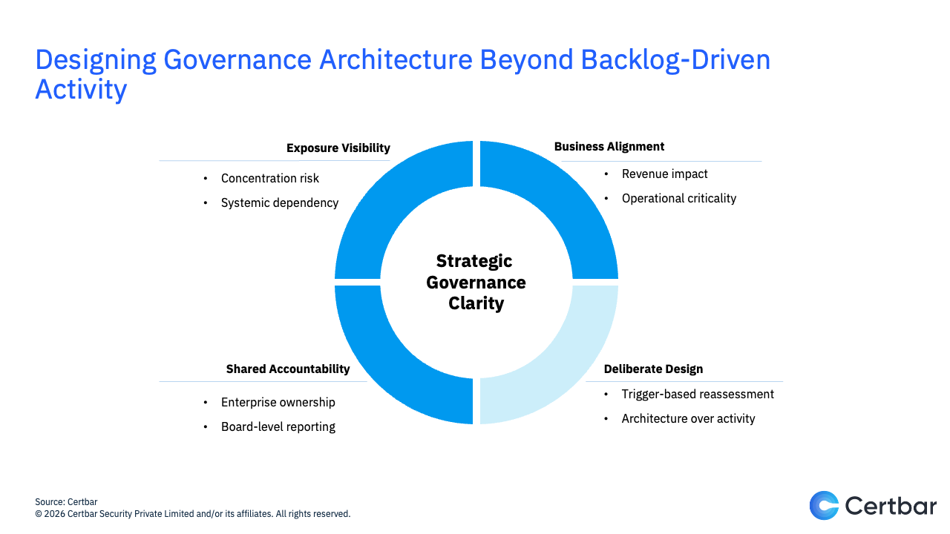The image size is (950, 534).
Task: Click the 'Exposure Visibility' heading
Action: click(x=338, y=148)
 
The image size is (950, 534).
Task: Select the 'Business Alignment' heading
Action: click(x=609, y=147)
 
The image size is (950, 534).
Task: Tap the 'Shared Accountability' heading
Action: click(x=288, y=369)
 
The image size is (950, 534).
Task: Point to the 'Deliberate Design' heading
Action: click(x=653, y=369)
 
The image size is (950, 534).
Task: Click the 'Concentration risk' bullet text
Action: click(x=270, y=179)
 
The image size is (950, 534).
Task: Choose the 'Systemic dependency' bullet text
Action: click(x=280, y=203)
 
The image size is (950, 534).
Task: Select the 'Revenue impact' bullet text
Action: click(x=664, y=174)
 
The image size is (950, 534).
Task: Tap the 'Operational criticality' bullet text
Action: click(x=679, y=199)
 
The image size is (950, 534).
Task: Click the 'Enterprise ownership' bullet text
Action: click(x=278, y=403)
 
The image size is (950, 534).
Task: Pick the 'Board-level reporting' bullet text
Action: click(x=278, y=427)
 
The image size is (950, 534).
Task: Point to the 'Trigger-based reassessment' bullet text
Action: click(x=698, y=395)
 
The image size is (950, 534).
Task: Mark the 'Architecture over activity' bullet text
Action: click(x=688, y=419)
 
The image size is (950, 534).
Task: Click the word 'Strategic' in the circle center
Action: click(x=474, y=261)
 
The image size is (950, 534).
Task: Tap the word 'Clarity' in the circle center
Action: click(x=476, y=303)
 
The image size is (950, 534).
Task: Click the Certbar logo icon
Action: click(x=823, y=505)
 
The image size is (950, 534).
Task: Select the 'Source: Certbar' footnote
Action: click(x=66, y=502)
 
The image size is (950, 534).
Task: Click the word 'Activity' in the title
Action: click(x=81, y=90)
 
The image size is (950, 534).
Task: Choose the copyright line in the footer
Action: click(x=192, y=514)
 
